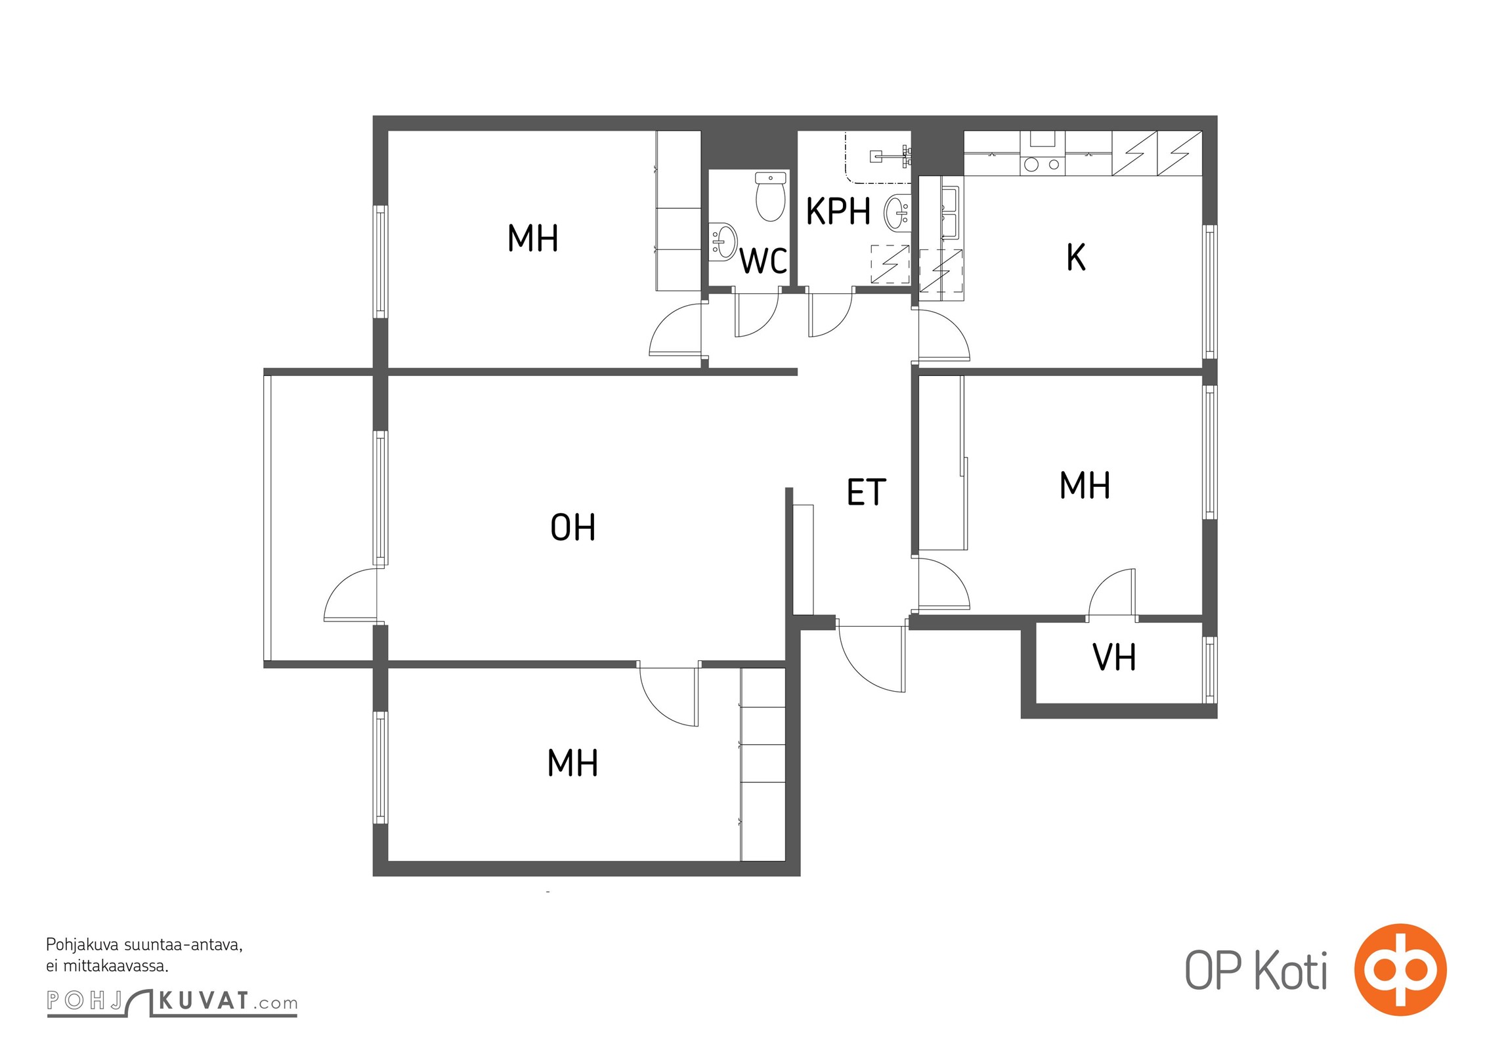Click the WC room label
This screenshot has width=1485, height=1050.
[764, 261]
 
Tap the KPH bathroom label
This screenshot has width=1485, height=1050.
[838, 211]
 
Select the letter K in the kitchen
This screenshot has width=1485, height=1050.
[1075, 257]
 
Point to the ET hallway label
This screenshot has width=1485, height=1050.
[867, 492]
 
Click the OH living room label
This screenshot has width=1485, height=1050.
[573, 528]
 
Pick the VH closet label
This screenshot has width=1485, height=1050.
[1114, 657]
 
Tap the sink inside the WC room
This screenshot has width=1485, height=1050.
[723, 241]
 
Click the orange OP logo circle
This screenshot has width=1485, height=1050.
[1400, 969]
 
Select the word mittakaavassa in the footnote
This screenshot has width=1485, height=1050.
[116, 966]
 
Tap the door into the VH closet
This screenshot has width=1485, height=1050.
[1111, 593]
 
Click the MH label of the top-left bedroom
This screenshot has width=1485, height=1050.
[533, 238]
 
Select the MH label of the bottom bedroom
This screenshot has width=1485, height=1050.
[573, 763]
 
